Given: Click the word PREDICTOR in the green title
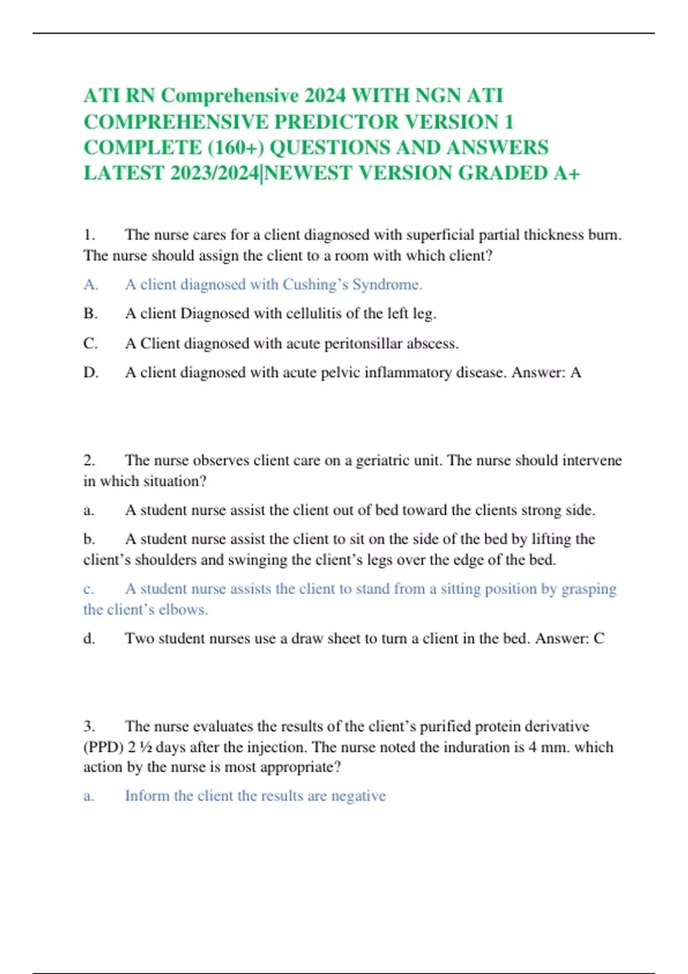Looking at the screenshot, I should pyautogui.click(x=337, y=122).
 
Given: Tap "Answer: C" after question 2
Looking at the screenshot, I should pyautogui.click(x=570, y=639).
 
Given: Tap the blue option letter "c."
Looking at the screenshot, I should pyautogui.click(x=89, y=589).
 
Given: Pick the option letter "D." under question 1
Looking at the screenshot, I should pyautogui.click(x=91, y=373).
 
